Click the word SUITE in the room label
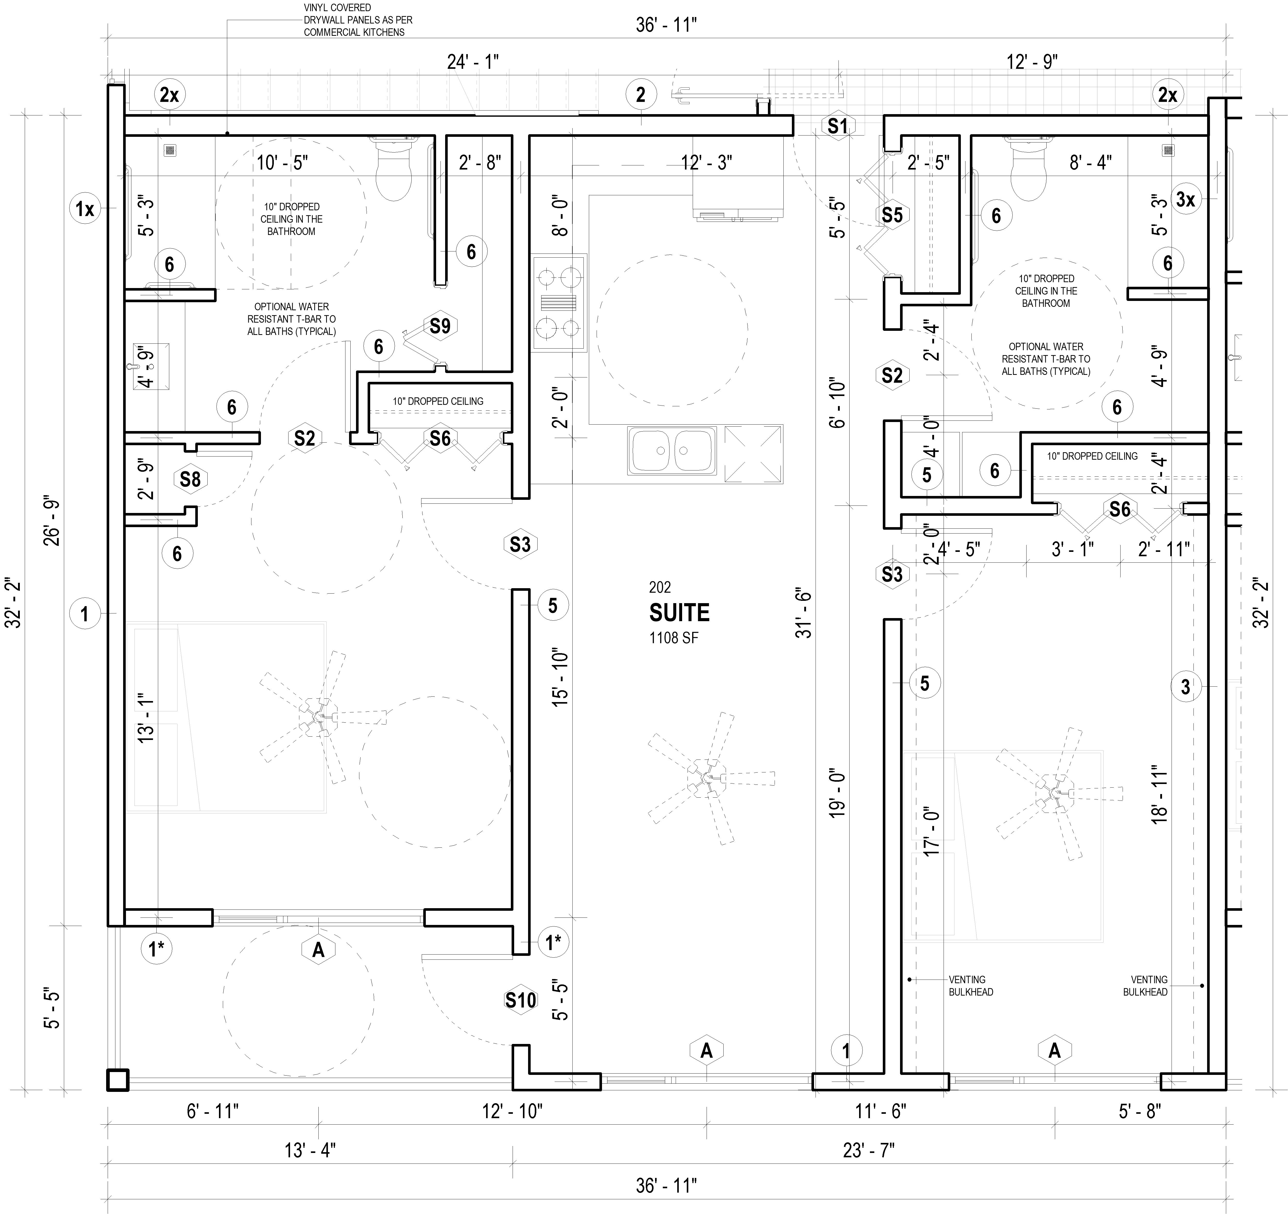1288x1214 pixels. [679, 612]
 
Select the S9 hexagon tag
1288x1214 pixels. [440, 326]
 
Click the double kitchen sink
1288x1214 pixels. [672, 450]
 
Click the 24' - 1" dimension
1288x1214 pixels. [473, 62]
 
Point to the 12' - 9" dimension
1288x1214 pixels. [1032, 62]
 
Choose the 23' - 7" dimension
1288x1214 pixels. [869, 1150]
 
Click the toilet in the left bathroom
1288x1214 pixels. [394, 170]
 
